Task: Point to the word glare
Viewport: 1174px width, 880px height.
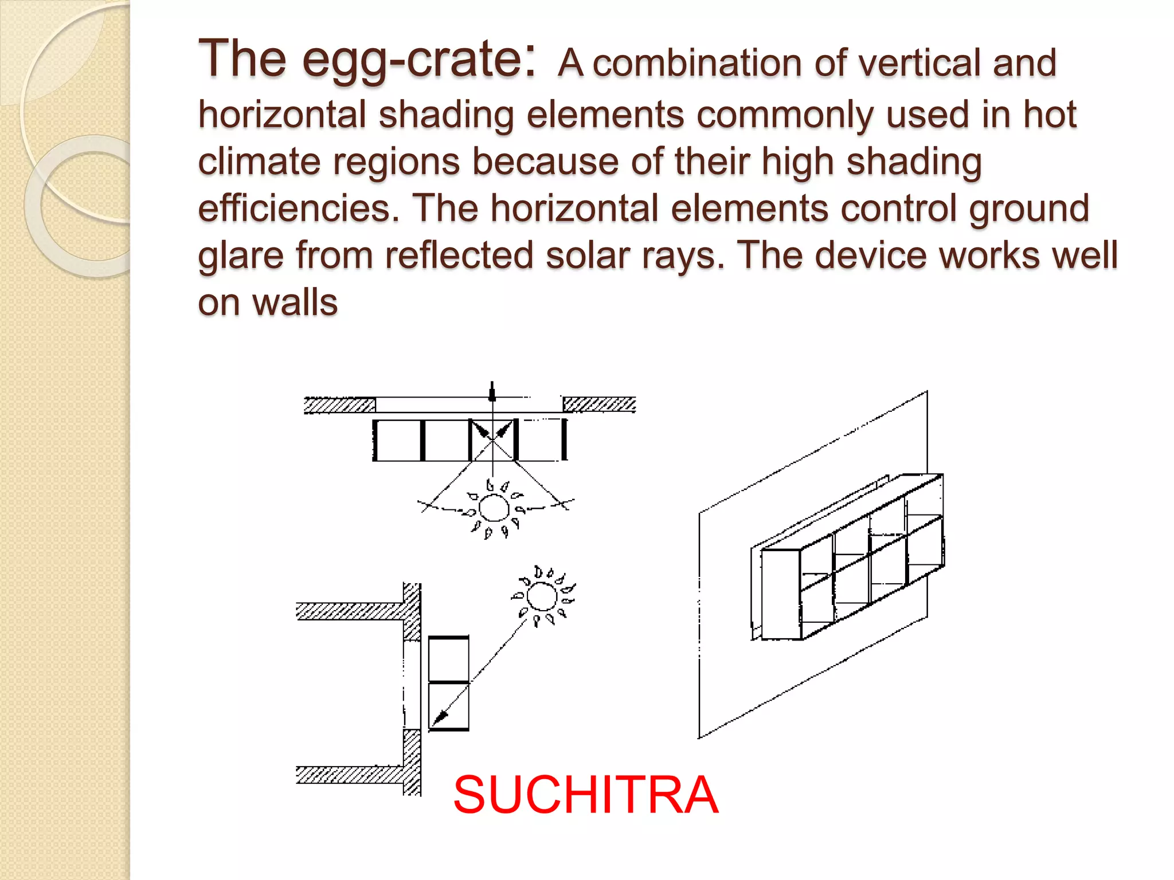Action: [x=241, y=256]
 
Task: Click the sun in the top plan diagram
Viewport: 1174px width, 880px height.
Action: [x=494, y=508]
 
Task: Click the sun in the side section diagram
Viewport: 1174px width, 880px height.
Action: [x=541, y=597]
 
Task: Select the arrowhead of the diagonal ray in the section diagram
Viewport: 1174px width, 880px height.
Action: [x=440, y=718]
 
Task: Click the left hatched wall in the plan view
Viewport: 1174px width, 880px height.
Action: [x=339, y=405]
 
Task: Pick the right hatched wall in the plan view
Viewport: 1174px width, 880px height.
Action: [x=599, y=404]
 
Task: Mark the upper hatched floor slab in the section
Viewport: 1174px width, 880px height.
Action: [x=350, y=611]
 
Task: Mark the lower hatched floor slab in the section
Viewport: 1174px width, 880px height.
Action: [x=350, y=775]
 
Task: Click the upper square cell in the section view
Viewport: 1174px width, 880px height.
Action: [x=449, y=659]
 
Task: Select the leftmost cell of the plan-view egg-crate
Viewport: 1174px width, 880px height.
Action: [x=398, y=440]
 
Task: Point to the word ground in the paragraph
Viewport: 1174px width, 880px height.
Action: [x=1029, y=209]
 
